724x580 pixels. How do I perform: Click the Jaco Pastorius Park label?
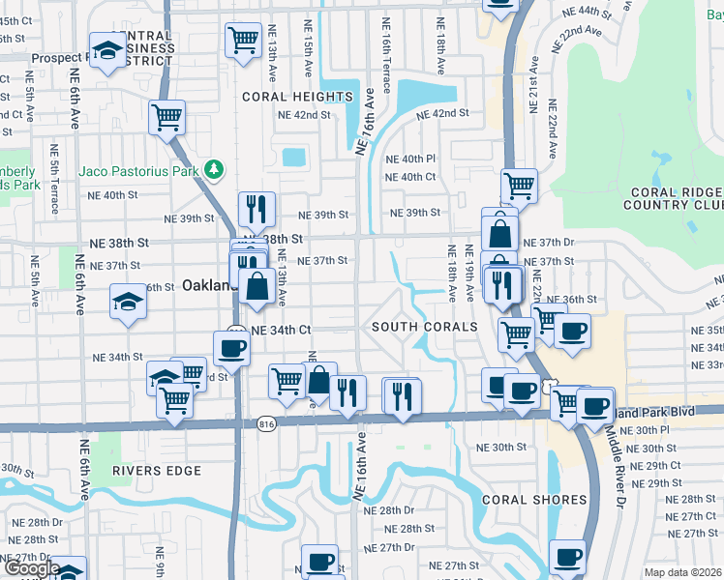tap(138, 171)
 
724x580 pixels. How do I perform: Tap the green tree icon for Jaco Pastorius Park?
tap(214, 170)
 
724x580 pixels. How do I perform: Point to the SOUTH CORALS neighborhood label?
tap(425, 328)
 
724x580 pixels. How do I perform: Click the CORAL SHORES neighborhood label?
tap(534, 500)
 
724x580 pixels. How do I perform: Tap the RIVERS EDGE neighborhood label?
tap(156, 471)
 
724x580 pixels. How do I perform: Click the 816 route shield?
tap(267, 423)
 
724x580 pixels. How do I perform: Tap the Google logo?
tap(31, 568)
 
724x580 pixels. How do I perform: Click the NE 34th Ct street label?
tap(281, 330)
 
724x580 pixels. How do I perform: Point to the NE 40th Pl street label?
tap(410, 159)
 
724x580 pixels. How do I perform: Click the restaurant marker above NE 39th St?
tap(256, 207)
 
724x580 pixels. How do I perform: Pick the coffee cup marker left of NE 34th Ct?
tap(231, 347)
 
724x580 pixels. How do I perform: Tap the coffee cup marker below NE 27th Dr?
tap(319, 561)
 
